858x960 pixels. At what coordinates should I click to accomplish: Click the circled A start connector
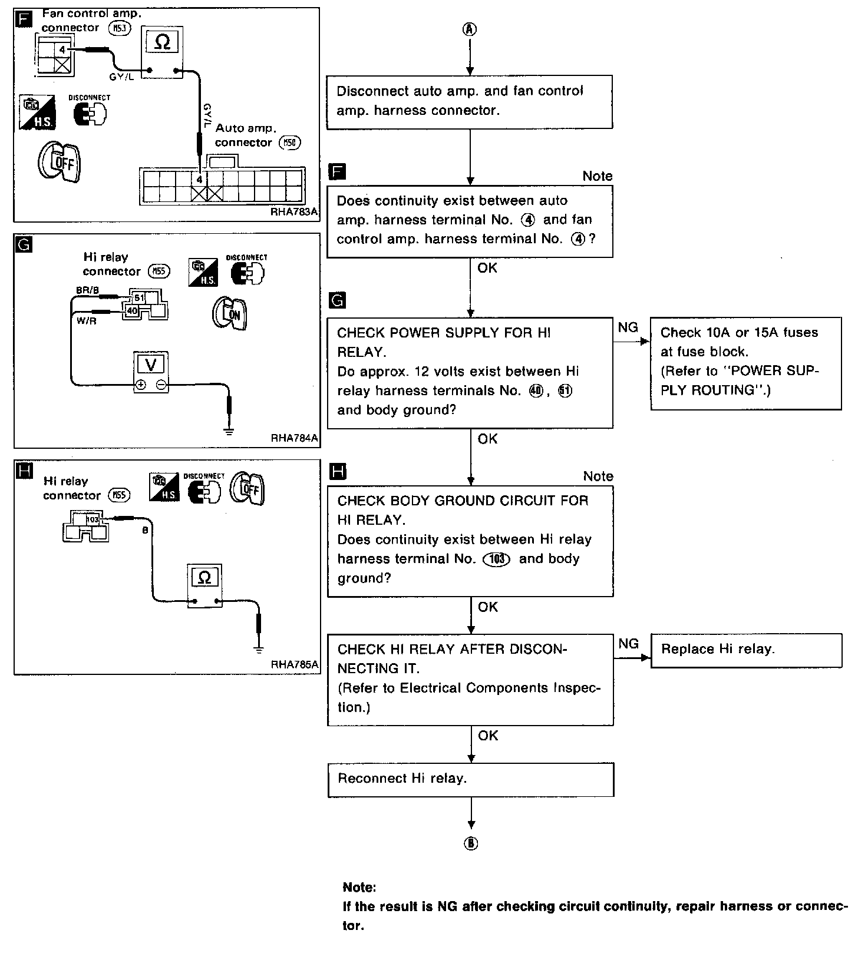470,29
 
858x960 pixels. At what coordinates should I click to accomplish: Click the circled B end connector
471,844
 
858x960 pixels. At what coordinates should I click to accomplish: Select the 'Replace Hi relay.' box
746,650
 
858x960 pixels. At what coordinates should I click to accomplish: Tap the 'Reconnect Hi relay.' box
470,780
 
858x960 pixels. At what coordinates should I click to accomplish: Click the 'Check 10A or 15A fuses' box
746,364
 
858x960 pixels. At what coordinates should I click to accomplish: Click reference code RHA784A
294,438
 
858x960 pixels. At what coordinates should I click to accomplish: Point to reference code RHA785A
294,664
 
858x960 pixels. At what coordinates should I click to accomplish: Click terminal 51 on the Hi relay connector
139,298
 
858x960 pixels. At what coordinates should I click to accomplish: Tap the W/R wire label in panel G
86,321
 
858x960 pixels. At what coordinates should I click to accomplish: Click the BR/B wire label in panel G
87,290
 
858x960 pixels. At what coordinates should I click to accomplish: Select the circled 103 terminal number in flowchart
496,560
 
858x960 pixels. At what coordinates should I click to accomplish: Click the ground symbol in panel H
258,650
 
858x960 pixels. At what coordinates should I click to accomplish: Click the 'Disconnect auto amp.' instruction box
470,101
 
